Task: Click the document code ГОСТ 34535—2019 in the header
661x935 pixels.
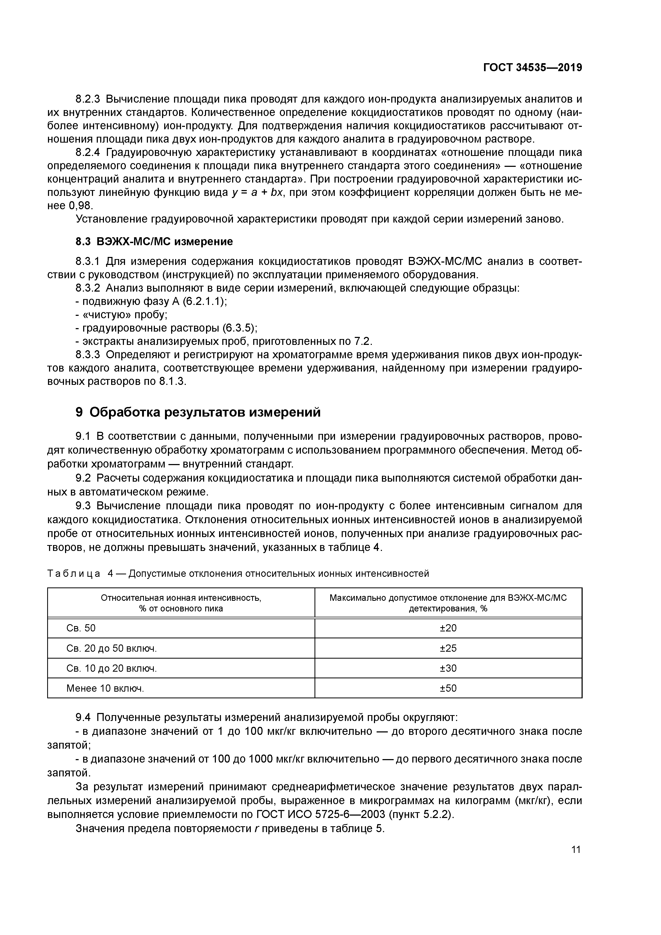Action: click(532, 68)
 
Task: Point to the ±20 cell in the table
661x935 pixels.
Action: click(448, 628)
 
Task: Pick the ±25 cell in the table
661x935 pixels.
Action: click(448, 648)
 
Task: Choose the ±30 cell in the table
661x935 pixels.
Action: click(448, 668)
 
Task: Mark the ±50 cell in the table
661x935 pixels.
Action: click(448, 688)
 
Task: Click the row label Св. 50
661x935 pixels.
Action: click(81, 628)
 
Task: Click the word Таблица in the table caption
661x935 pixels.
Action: click(74, 573)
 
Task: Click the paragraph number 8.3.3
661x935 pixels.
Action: click(88, 355)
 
